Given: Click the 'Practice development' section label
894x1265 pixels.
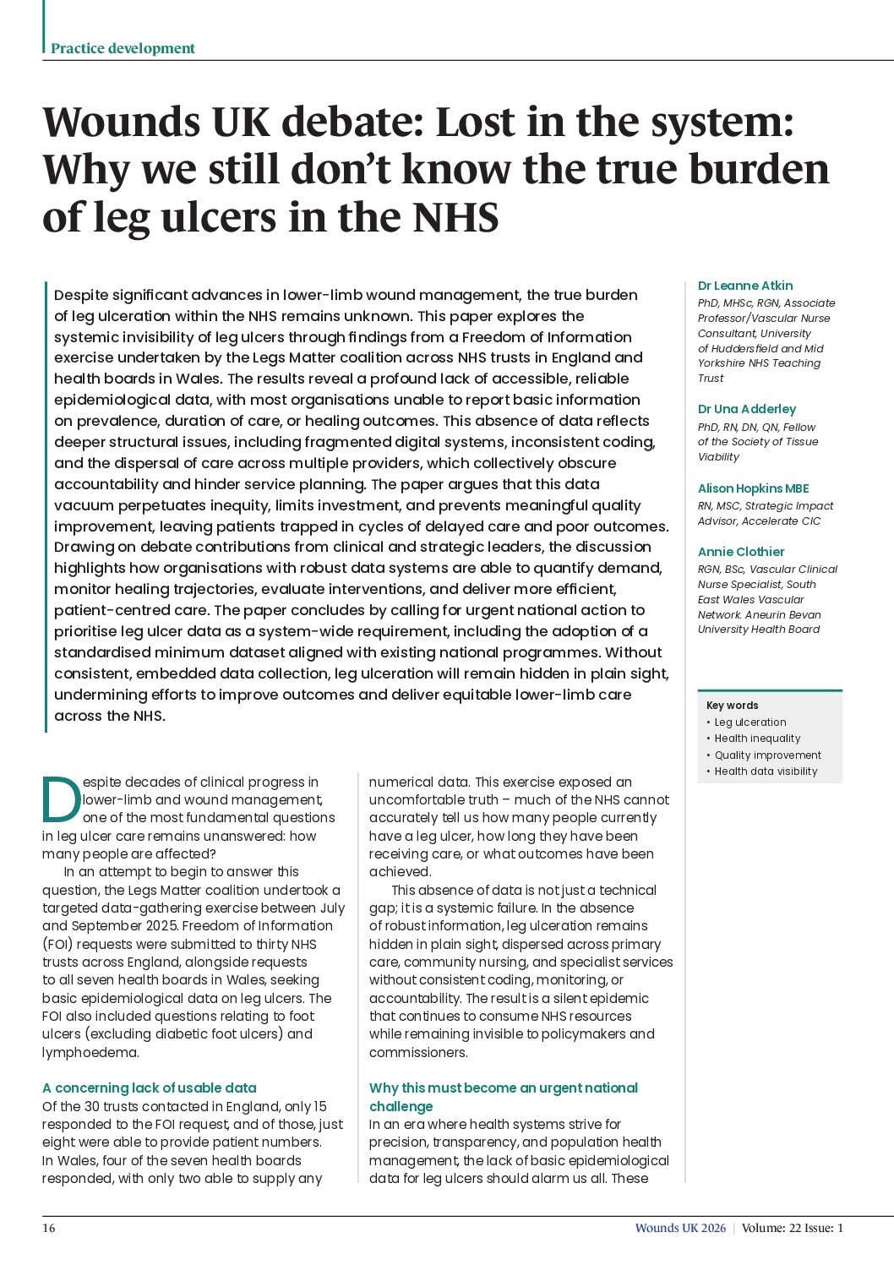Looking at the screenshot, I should click(x=123, y=48).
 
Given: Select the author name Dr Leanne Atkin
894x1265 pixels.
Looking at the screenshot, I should click(x=744, y=286).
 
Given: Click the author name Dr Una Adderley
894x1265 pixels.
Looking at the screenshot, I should click(x=746, y=409).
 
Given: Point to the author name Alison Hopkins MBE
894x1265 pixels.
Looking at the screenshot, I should click(x=753, y=488).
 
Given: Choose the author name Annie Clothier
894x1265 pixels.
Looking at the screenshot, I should click(x=741, y=552).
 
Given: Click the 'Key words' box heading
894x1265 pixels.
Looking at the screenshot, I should click(x=732, y=706).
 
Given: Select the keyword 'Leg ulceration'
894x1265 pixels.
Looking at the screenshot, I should click(x=750, y=722).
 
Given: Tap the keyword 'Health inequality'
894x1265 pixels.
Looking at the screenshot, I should click(x=757, y=739).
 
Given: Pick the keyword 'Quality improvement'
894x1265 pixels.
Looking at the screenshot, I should click(x=767, y=755).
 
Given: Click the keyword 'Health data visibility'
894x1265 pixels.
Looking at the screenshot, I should click(x=766, y=772).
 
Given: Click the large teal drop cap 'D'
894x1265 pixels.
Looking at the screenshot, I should click(x=61, y=799).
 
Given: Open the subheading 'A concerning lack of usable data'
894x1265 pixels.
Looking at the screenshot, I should click(x=149, y=1088).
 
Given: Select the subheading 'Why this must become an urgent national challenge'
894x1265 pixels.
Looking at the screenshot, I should click(x=503, y=1097).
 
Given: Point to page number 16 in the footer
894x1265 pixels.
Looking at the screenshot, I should click(x=49, y=1228).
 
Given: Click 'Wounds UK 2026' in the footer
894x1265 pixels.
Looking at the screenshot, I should click(x=680, y=1228).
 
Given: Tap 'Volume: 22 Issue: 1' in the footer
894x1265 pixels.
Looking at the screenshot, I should click(x=793, y=1228).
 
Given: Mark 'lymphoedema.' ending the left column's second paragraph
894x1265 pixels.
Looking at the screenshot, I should click(x=90, y=1052).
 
